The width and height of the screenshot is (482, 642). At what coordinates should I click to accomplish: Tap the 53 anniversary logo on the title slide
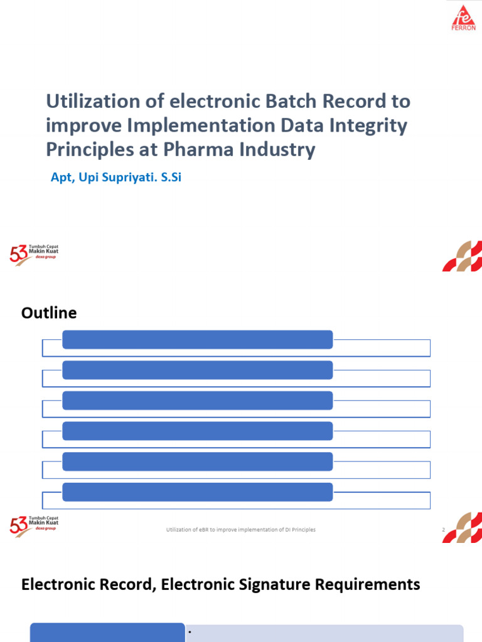34,254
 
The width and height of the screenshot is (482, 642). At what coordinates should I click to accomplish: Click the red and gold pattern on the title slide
462,256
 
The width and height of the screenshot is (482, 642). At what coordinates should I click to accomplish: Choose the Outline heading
49,312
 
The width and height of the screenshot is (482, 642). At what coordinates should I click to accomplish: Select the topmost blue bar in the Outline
197,339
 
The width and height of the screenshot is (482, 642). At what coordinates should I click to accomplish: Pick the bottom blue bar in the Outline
197,492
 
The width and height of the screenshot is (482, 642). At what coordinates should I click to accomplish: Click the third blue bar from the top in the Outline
197,400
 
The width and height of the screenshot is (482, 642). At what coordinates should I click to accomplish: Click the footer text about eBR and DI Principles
240,530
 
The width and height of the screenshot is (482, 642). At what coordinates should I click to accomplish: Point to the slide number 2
443,530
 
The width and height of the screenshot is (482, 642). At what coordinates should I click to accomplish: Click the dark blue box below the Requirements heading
107,633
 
